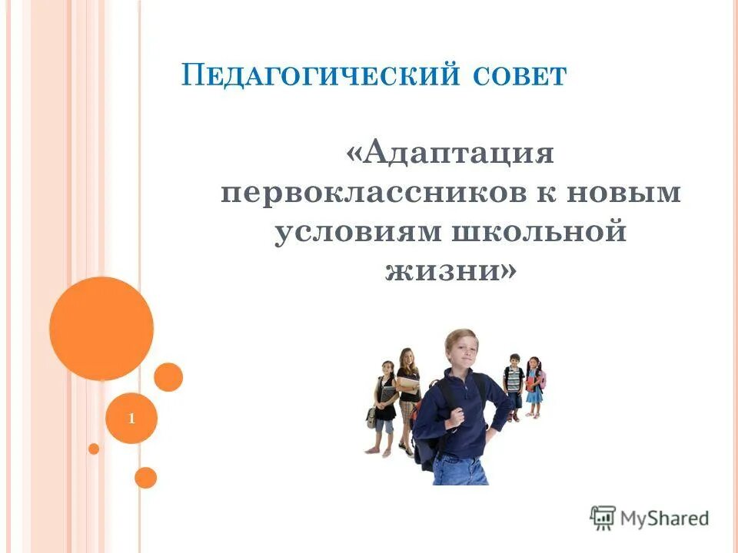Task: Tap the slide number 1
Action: tap(131, 419)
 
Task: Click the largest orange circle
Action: tap(101, 329)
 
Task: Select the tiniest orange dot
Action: tap(94, 449)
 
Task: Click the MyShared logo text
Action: tap(665, 518)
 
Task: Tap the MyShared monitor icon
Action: tap(603, 518)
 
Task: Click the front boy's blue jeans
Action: tap(461, 469)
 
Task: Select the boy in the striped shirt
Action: tap(514, 384)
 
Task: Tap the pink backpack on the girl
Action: tap(542, 379)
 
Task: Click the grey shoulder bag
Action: tap(373, 418)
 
